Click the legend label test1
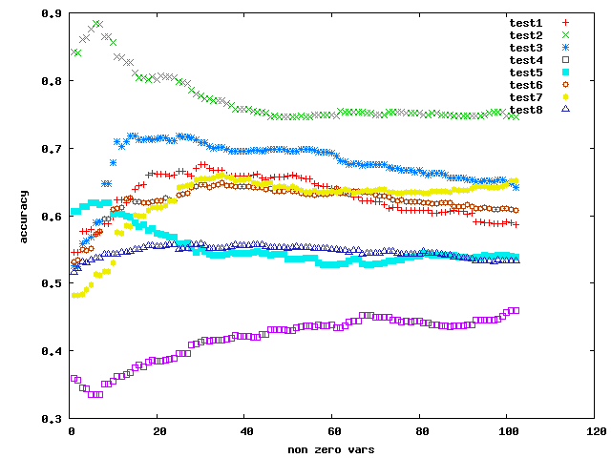pyautogui.click(x=526, y=22)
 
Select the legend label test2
pyautogui.click(x=526, y=34)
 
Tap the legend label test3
pyautogui.click(x=526, y=47)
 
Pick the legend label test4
pyautogui.click(x=526, y=59)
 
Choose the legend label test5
pyautogui.click(x=526, y=72)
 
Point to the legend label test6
pyautogui.click(x=526, y=84)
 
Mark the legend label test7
pyautogui.click(x=526, y=96)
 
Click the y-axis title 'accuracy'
pyautogui.click(x=25, y=216)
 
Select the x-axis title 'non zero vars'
pyautogui.click(x=332, y=448)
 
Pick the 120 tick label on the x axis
pyautogui.click(x=595, y=431)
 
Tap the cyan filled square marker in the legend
pyautogui.click(x=565, y=73)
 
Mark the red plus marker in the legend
pyautogui.click(x=565, y=22)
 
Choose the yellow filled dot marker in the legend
pyautogui.click(x=565, y=96)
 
